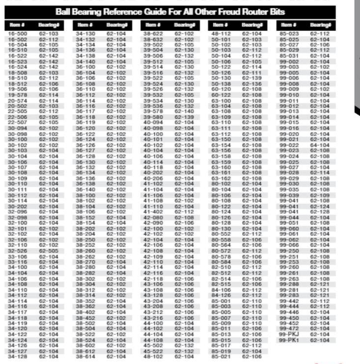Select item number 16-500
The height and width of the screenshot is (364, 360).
click(x=16, y=33)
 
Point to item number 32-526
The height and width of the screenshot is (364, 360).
click(x=16, y=250)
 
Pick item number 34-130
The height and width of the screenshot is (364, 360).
click(x=84, y=33)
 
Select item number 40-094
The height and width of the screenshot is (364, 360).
click(x=152, y=121)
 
